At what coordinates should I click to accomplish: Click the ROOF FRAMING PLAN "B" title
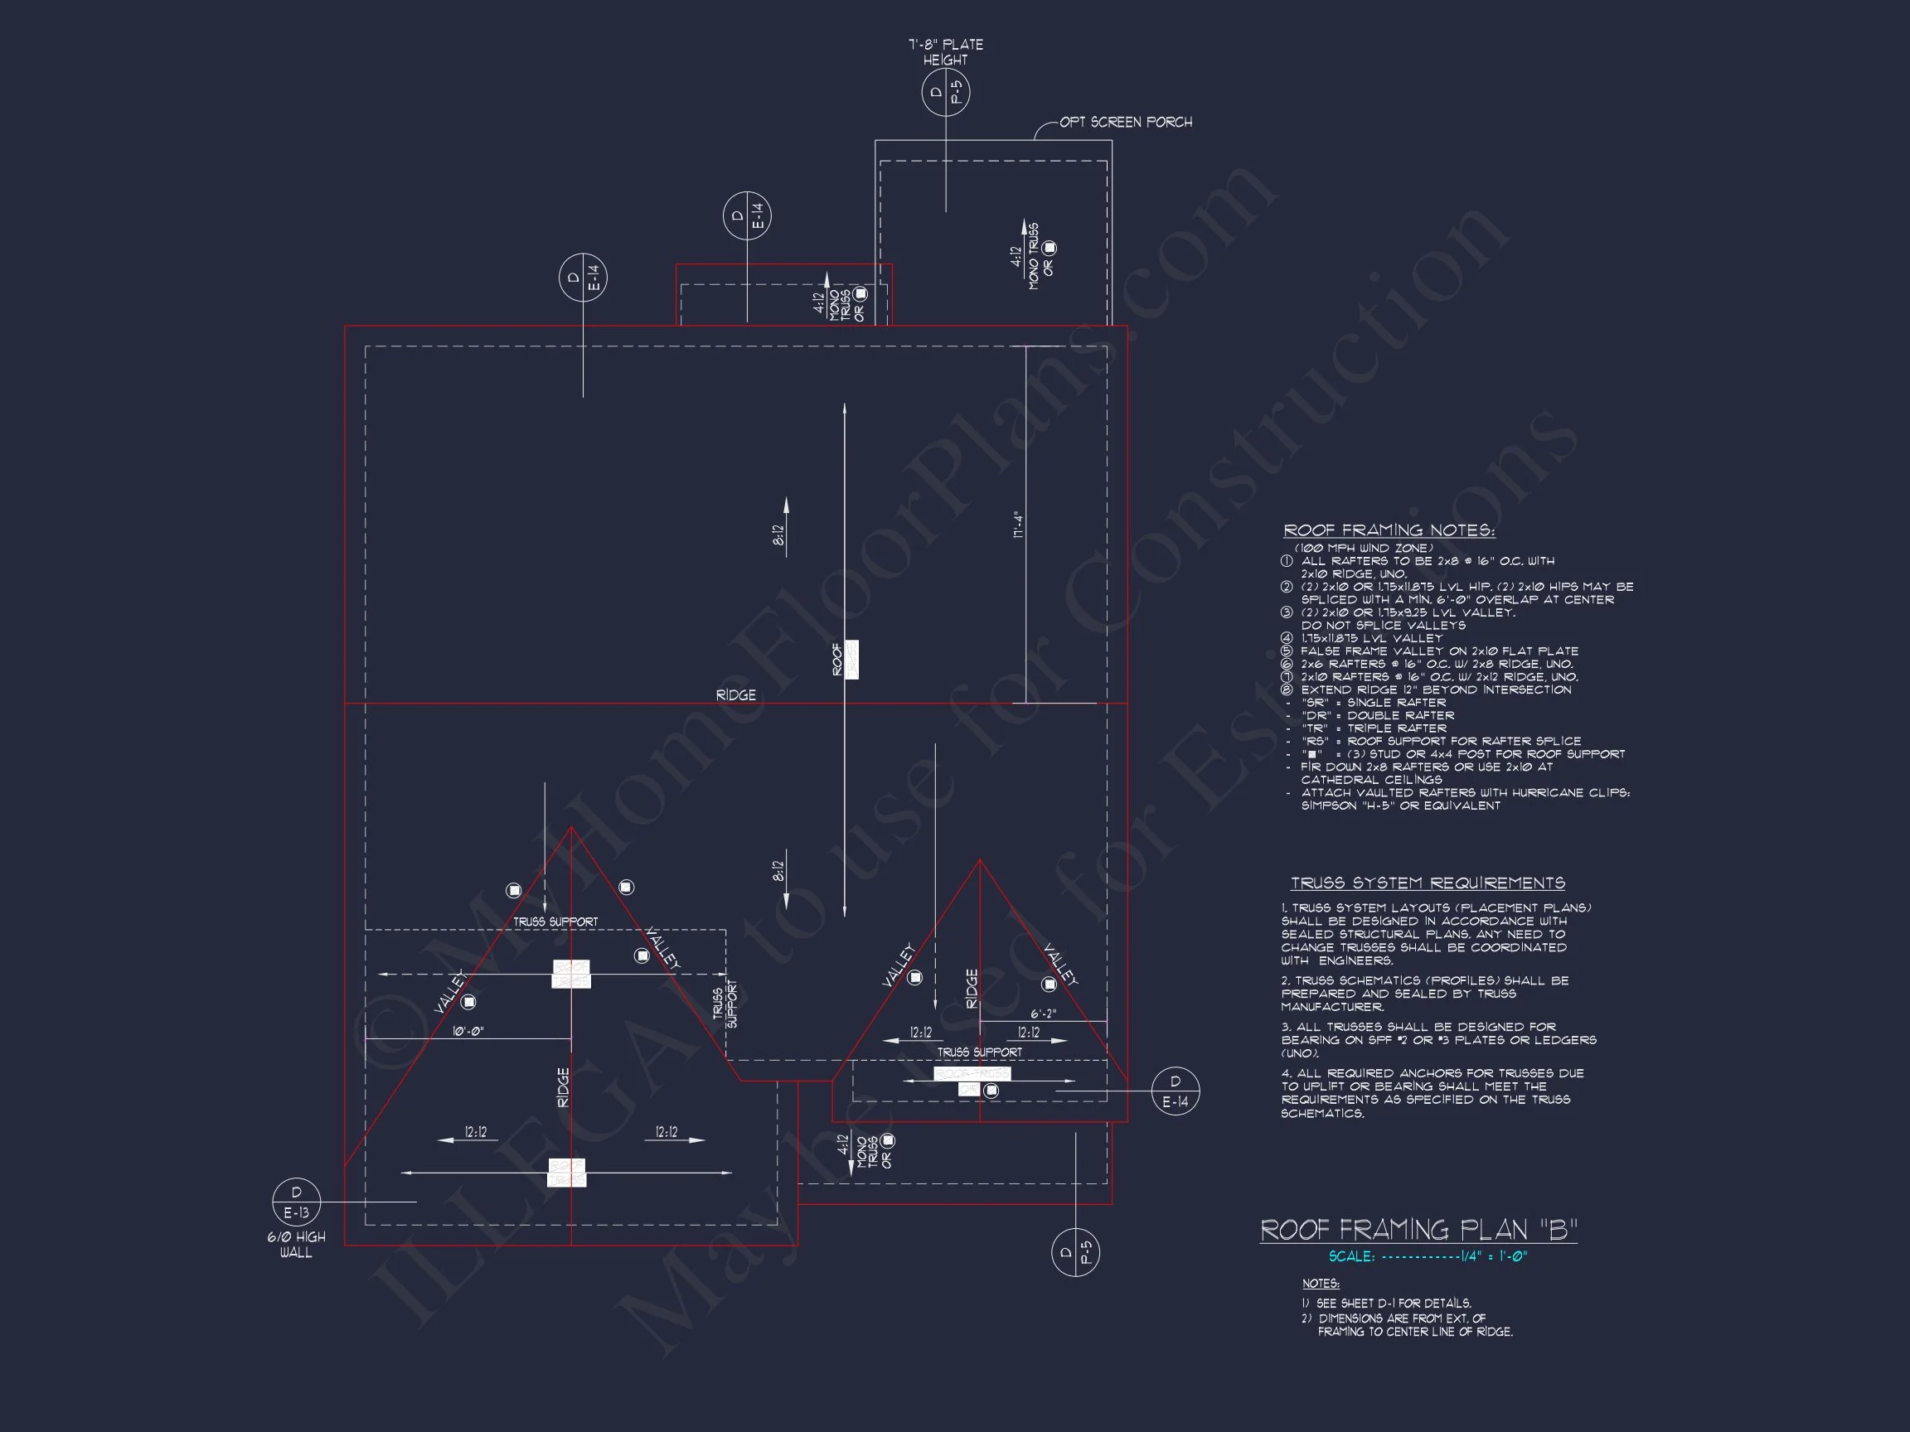click(x=1418, y=1229)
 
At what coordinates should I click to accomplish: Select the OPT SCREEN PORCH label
click(x=1125, y=123)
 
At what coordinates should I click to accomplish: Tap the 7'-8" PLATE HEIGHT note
click(x=946, y=51)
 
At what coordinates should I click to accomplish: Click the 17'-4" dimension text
click(x=1019, y=525)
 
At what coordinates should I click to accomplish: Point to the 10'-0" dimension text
click(x=468, y=1032)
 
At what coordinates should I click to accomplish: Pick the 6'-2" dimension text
click(x=1043, y=1014)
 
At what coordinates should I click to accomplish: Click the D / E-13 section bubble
click(x=296, y=1202)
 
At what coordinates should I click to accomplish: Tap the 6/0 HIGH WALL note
click(x=296, y=1245)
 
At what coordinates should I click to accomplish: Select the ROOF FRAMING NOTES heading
click(x=1389, y=530)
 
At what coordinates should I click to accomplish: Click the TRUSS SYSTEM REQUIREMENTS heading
click(x=1428, y=883)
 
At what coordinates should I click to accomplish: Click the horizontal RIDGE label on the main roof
click(x=735, y=694)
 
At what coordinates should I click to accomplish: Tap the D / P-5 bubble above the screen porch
click(x=946, y=92)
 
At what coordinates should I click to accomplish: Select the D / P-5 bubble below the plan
click(x=1075, y=1251)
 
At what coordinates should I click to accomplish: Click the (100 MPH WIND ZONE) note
click(x=1364, y=548)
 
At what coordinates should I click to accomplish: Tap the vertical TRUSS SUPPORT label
click(x=725, y=1004)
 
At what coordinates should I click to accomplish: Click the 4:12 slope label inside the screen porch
click(x=1017, y=257)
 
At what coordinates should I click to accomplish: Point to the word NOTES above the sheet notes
click(x=1321, y=1284)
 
